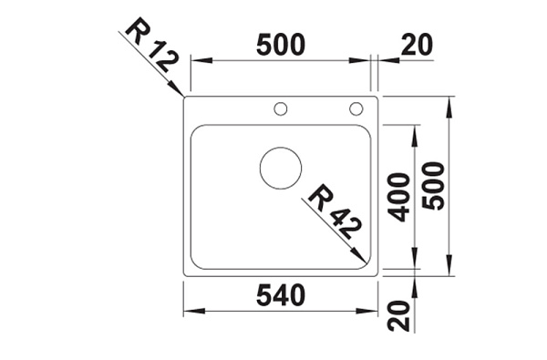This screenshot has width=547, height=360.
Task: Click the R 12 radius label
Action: [x=151, y=45]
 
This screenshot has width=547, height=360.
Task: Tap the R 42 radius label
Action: [x=335, y=211]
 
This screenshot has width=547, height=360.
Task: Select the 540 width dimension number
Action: [x=281, y=295]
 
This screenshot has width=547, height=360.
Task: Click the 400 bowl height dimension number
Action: [x=398, y=197]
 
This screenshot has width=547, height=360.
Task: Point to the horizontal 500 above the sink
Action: [x=281, y=45]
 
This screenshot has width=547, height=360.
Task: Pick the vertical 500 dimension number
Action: [x=433, y=186]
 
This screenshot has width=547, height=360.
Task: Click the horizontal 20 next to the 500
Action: [x=417, y=45]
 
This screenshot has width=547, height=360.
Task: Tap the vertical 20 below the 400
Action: [x=398, y=316]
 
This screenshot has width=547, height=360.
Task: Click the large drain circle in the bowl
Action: [x=281, y=168]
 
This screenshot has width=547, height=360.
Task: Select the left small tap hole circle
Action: [x=281, y=108]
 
